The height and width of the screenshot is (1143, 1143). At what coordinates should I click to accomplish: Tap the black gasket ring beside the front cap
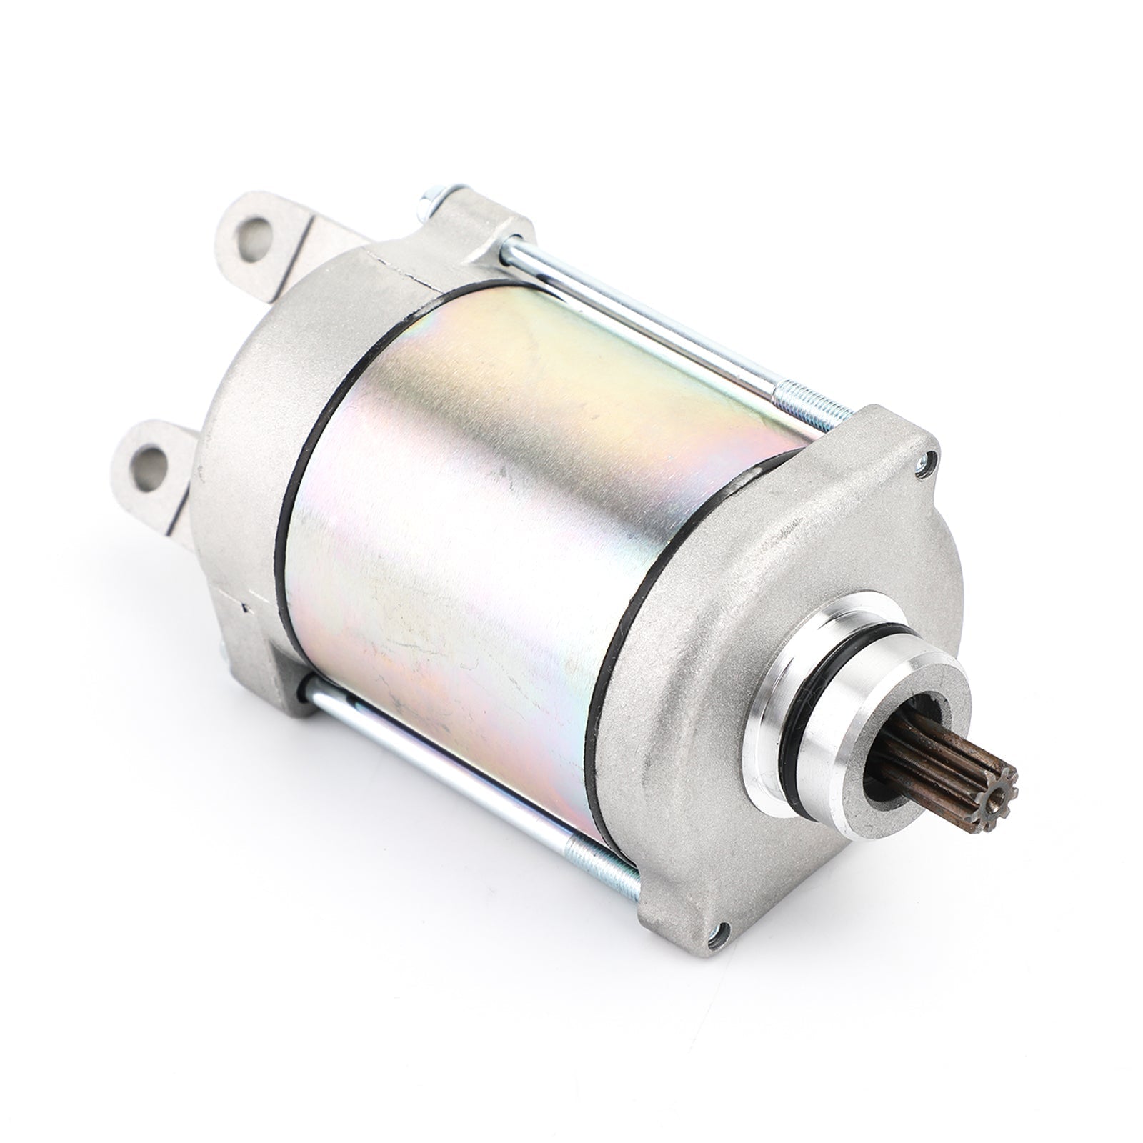point(629,607)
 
